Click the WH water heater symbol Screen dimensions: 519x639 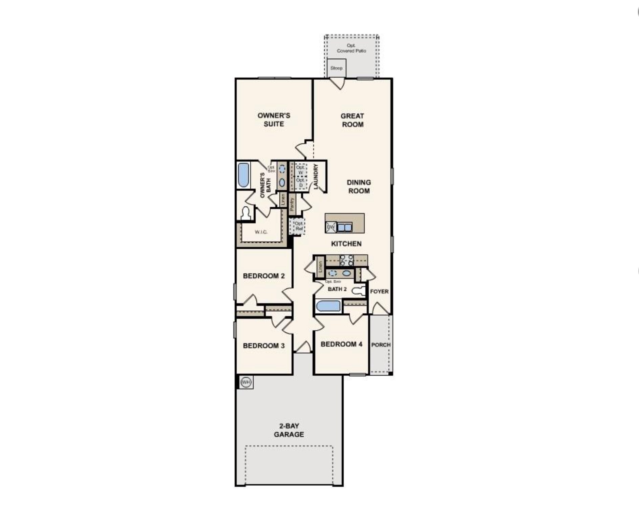tap(246, 382)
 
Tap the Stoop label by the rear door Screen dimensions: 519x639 tap(336, 68)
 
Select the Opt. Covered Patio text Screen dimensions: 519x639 tap(351, 48)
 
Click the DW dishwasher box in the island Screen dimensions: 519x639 tap(331, 227)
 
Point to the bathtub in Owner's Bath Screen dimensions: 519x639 tap(243, 175)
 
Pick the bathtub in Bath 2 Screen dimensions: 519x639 tap(328, 306)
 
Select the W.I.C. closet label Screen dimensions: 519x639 tap(261, 232)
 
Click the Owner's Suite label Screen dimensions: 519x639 tap(274, 120)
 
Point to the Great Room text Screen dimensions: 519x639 tap(352, 120)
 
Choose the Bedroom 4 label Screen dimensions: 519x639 tap(341, 344)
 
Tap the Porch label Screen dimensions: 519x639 tap(381, 345)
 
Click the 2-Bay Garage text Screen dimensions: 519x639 tap(289, 430)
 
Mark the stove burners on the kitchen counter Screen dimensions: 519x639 tap(346, 260)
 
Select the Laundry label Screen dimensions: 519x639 tap(316, 177)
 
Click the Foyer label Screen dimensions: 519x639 tap(379, 291)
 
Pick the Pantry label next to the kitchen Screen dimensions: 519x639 tap(292, 204)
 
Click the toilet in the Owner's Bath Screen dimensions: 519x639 tap(246, 213)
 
